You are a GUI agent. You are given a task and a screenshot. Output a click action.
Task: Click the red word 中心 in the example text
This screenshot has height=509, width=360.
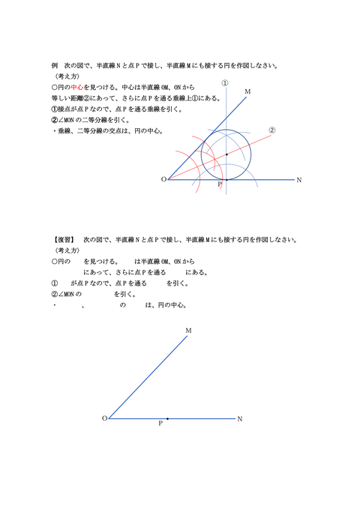79,87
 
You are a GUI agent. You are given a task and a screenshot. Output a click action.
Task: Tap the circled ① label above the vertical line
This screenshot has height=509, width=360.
224,83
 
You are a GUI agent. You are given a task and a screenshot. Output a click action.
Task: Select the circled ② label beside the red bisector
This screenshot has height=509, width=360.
272,129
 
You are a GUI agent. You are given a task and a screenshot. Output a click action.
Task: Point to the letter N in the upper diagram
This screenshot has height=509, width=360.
298,180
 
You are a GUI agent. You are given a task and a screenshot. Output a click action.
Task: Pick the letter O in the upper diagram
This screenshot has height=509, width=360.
163,180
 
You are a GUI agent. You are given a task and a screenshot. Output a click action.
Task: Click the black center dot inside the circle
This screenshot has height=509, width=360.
226,154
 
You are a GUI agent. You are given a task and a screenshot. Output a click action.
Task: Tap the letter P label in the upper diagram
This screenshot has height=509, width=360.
219,185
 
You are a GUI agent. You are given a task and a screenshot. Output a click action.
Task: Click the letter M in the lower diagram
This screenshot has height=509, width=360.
187,330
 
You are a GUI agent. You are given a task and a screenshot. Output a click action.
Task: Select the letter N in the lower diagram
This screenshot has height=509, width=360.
239,418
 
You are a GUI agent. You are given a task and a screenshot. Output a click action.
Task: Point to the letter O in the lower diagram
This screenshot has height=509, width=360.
103,418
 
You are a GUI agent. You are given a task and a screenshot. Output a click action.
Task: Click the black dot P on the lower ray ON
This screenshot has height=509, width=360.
167,418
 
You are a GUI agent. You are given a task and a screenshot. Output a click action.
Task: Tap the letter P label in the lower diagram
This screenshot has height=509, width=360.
160,424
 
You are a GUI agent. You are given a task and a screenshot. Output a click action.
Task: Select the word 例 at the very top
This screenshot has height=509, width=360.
55,65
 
